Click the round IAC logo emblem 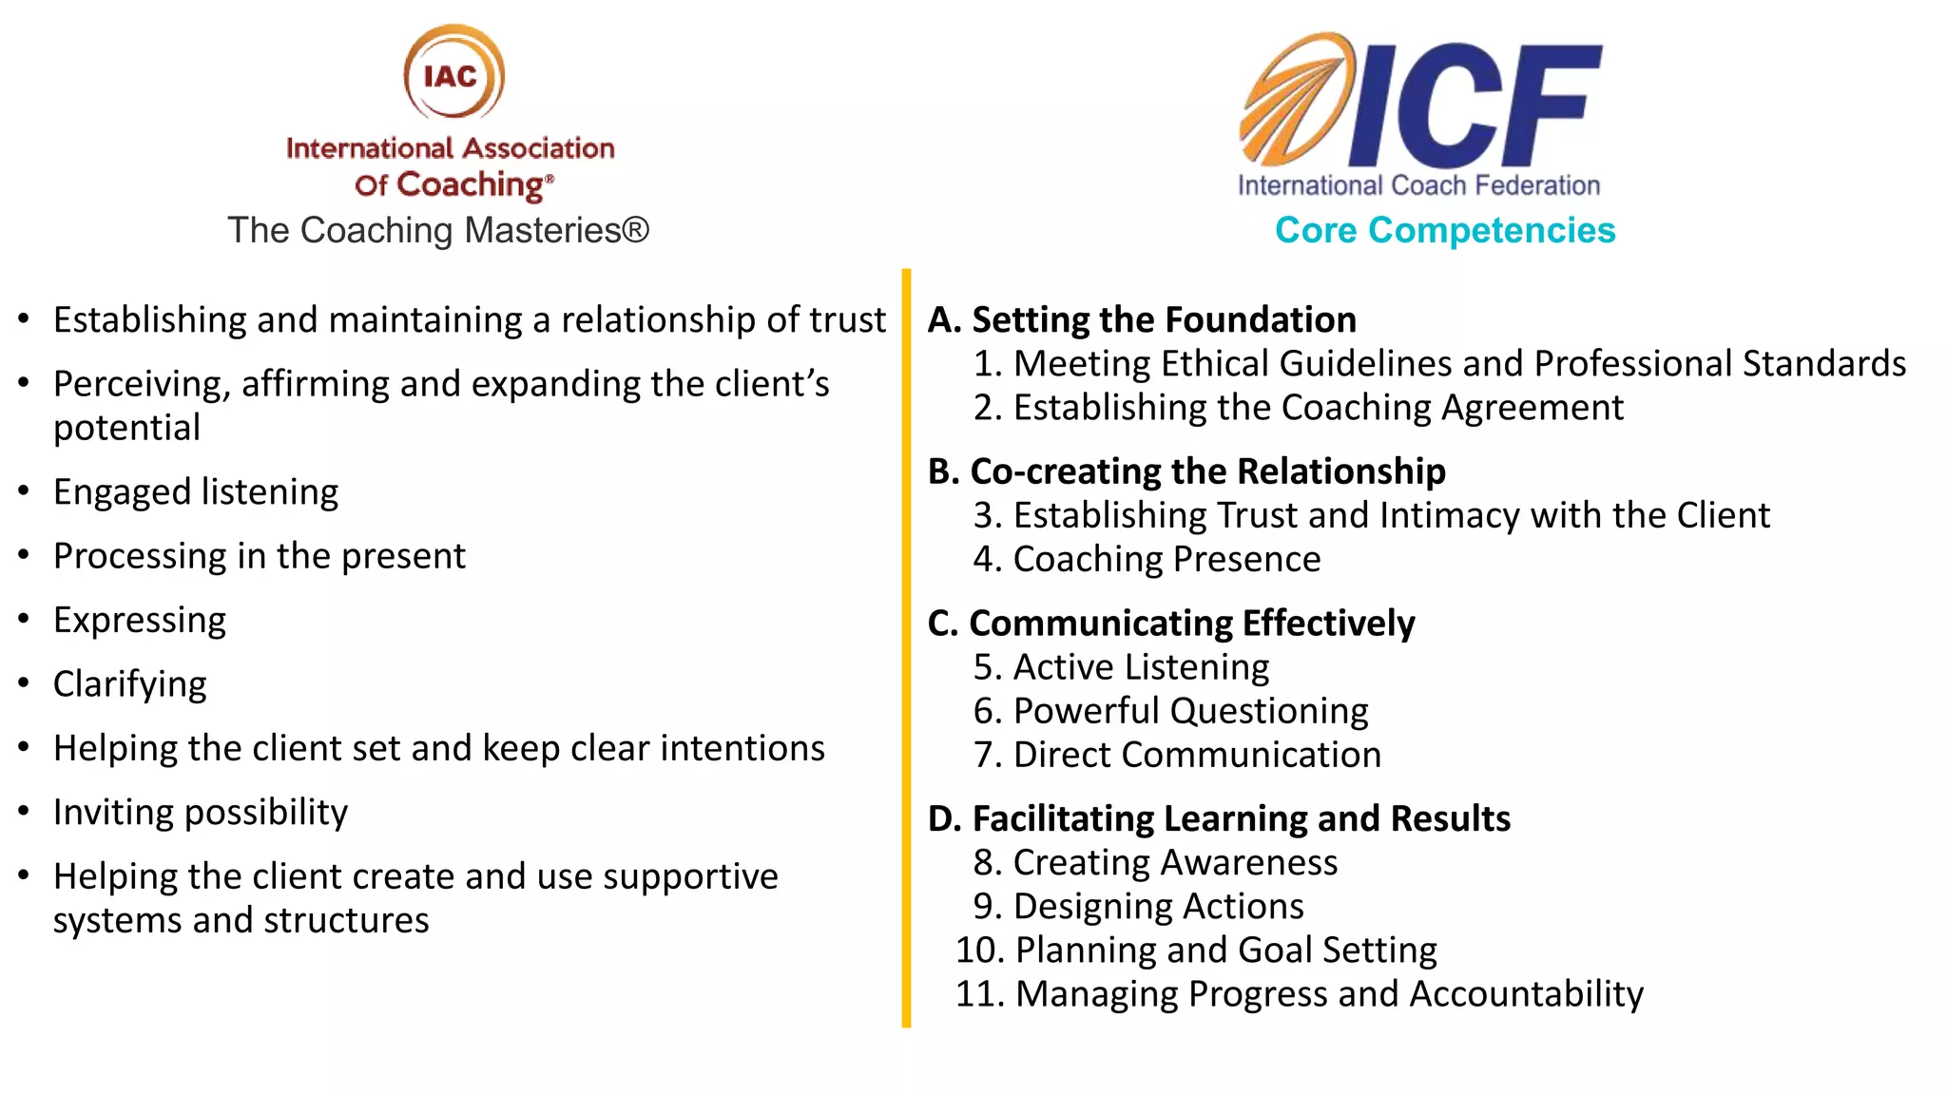point(453,73)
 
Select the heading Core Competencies point(1444,230)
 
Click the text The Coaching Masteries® point(438,230)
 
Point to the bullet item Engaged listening point(196,492)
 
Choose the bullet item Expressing point(140,620)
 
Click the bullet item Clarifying point(130,684)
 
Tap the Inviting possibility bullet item point(201,813)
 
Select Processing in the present point(260,556)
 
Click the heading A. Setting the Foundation point(1142,319)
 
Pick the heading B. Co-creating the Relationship point(1186,471)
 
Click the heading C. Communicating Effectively point(1171,624)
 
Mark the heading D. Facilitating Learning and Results point(1219,818)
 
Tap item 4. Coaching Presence point(1147,559)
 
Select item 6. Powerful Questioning point(1170,711)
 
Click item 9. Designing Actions point(1138,907)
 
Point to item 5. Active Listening point(1121,667)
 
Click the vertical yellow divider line point(906,646)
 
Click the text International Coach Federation point(1418,185)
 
